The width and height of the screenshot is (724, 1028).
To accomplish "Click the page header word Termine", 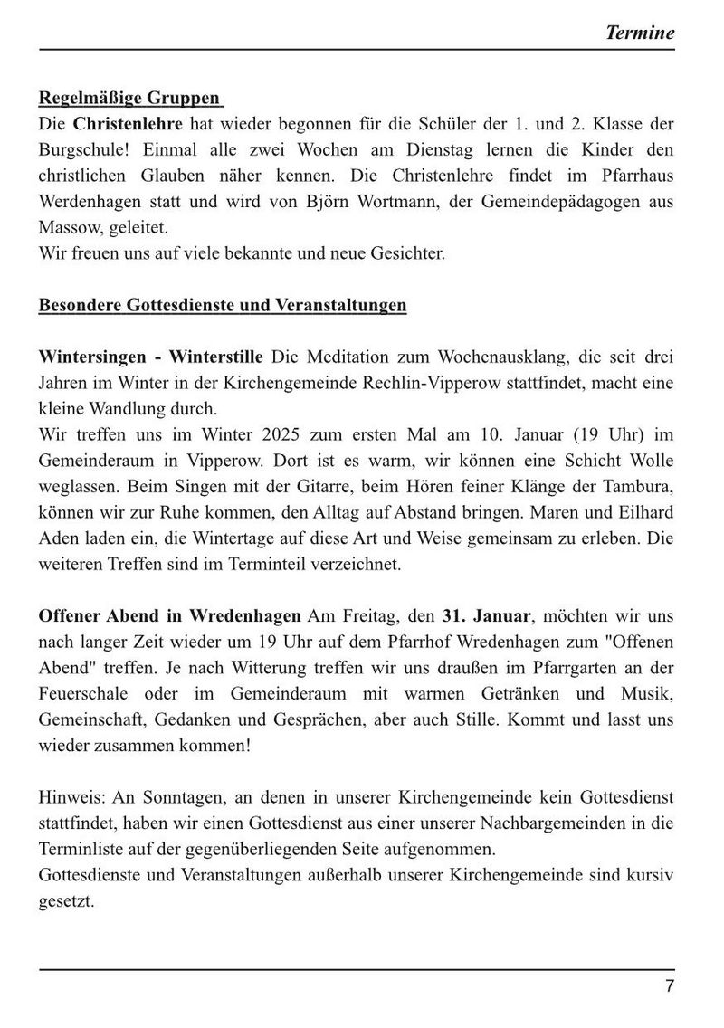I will click(x=639, y=33).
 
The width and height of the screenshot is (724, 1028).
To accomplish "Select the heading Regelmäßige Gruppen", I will click(x=130, y=99).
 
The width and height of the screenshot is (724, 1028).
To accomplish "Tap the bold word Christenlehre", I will click(x=128, y=123).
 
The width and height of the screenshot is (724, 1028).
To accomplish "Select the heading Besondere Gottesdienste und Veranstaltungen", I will click(x=223, y=305).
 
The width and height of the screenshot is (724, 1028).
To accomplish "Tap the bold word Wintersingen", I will click(x=94, y=357).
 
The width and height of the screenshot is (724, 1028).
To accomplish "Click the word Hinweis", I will click(x=69, y=799).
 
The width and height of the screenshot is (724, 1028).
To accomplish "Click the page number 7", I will click(x=670, y=987).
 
